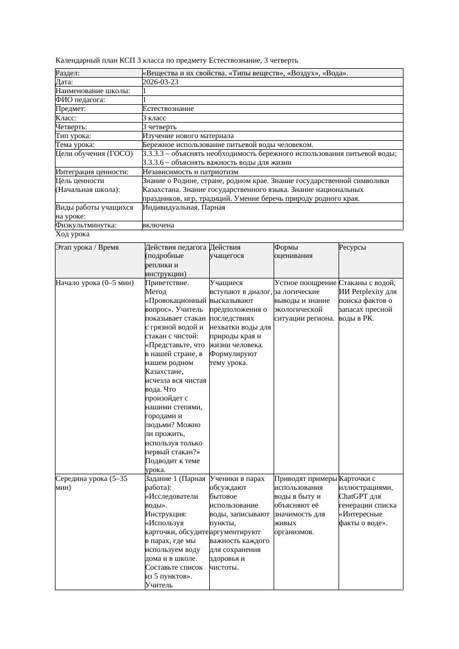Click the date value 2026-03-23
(160, 82)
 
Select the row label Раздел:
(68, 73)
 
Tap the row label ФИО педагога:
(80, 100)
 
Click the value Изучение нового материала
(188, 136)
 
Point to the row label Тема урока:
(75, 145)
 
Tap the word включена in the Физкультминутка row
(158, 225)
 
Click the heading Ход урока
(73, 234)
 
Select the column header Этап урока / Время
(87, 247)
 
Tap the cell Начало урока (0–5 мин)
(95, 283)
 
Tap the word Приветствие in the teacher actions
(167, 283)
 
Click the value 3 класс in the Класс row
(158, 118)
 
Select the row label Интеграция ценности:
(92, 172)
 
